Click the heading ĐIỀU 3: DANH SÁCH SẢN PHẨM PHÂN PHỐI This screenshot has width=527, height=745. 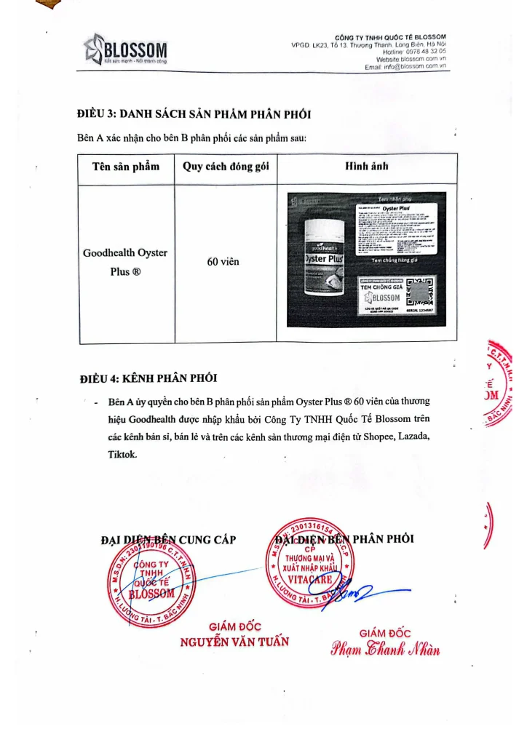[x=194, y=115]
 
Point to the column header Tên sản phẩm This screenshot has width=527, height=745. [x=126, y=167]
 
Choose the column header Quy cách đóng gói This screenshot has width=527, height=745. [x=226, y=167]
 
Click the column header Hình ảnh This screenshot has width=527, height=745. [x=366, y=167]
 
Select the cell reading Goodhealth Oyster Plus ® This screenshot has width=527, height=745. [x=125, y=263]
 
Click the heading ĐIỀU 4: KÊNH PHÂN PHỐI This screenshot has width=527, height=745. [x=148, y=378]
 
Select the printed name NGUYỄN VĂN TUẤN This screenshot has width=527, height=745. [x=234, y=642]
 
